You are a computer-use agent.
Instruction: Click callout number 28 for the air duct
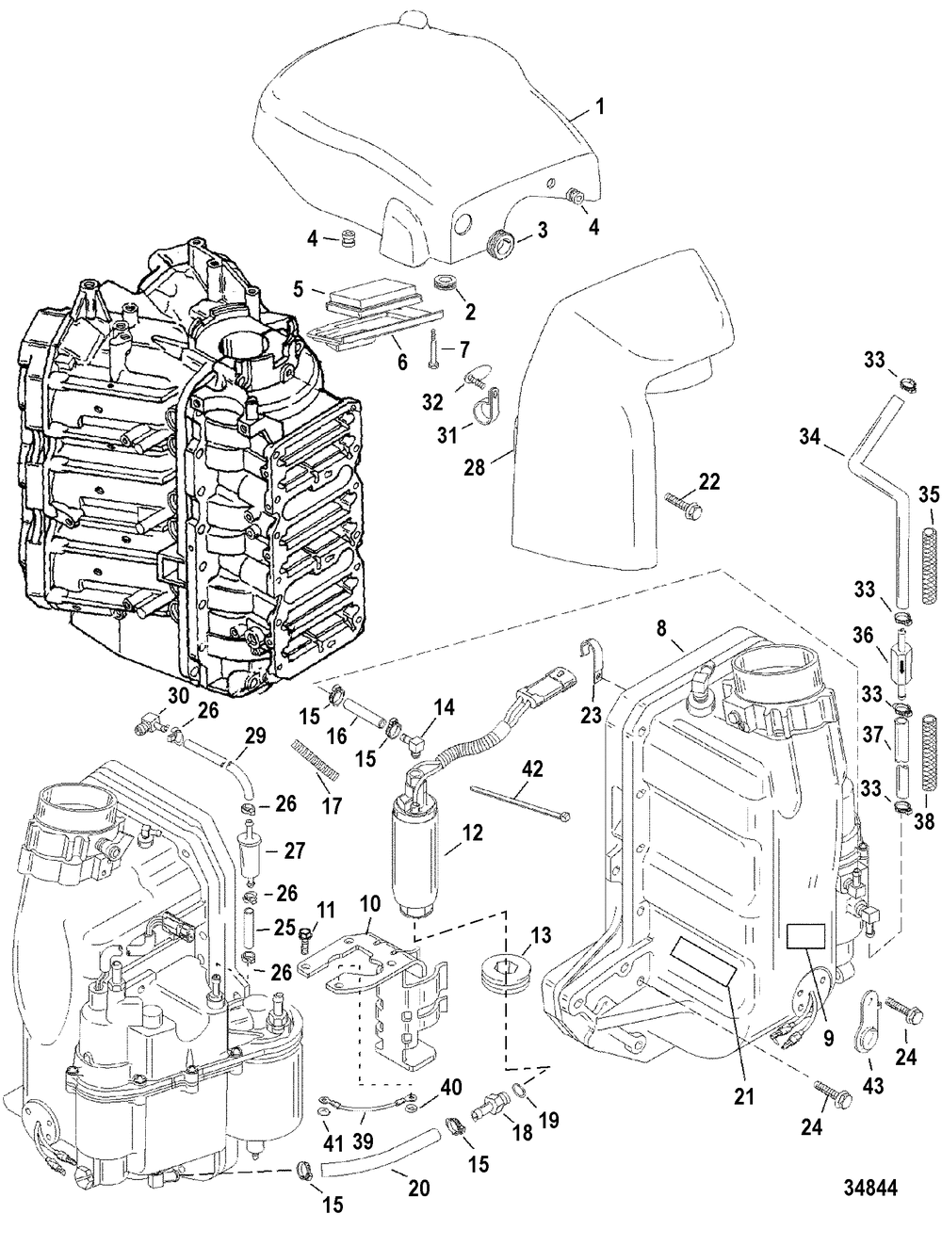(x=477, y=466)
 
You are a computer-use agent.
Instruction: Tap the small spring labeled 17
(x=316, y=751)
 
